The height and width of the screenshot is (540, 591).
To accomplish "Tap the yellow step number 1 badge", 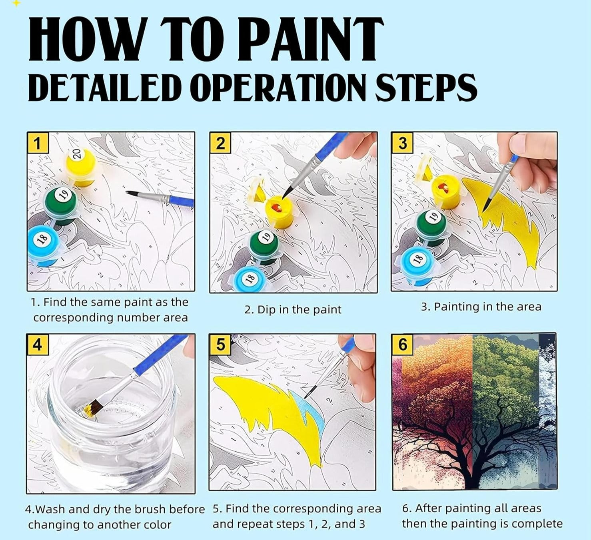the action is [38, 143].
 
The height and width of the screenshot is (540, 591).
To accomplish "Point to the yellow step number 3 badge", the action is [402, 143].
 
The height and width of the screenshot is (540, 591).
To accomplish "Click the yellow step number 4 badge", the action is [37, 345].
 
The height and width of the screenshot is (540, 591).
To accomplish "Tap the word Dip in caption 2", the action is [265, 310].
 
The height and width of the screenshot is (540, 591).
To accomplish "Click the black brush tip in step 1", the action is [132, 193].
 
